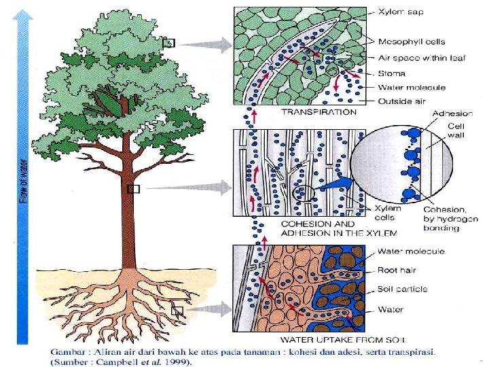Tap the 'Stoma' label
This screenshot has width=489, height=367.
tap(392, 73)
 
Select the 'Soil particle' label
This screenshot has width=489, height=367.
tap(403, 289)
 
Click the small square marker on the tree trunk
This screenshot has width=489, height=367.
tap(133, 189)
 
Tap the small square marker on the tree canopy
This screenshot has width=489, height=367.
tap(169, 43)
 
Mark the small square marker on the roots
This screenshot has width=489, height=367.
tap(178, 312)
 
